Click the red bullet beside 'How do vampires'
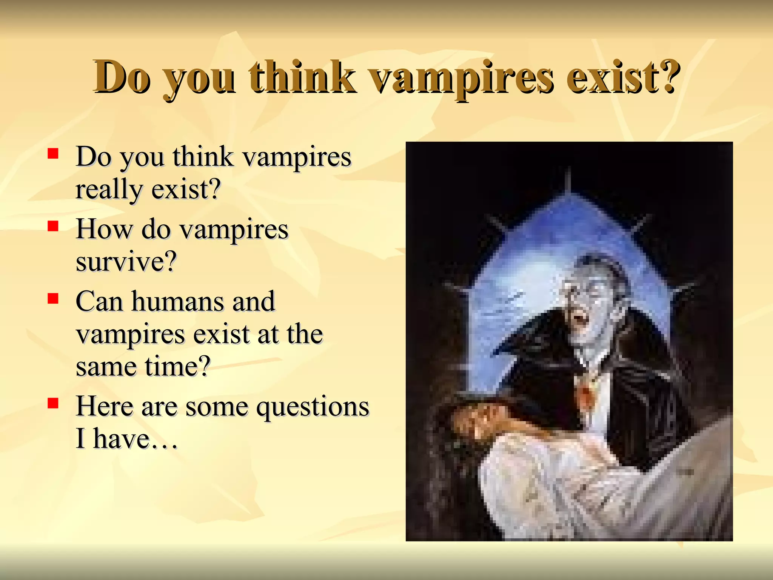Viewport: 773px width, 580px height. coord(53,226)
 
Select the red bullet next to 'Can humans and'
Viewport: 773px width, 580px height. coord(53,299)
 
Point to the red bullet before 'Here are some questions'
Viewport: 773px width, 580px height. coord(53,403)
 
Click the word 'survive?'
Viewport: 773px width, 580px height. coord(126,262)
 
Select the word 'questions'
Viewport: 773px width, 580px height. coord(313,407)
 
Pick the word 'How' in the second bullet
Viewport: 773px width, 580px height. coord(104,229)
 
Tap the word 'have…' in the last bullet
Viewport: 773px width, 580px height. coord(135,439)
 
